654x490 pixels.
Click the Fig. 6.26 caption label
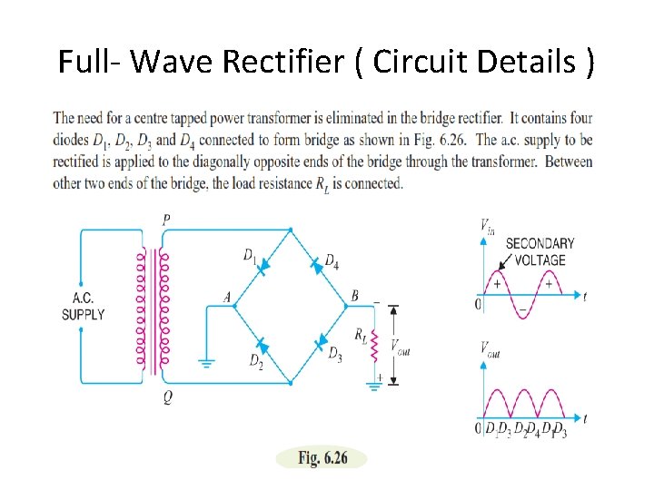[x=322, y=458]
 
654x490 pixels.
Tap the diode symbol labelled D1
[x=262, y=267]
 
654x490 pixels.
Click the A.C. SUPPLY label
[x=83, y=307]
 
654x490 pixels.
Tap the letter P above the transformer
[x=163, y=220]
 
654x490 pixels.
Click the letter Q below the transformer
[x=167, y=397]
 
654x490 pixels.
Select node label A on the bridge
[x=227, y=297]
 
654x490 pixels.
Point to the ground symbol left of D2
[x=207, y=365]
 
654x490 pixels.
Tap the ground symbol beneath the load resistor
[x=373, y=385]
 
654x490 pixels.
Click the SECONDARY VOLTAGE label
[x=540, y=251]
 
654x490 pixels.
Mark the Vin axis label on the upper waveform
[x=487, y=226]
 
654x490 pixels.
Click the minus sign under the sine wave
[x=522, y=309]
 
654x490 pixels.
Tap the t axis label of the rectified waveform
[x=585, y=418]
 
